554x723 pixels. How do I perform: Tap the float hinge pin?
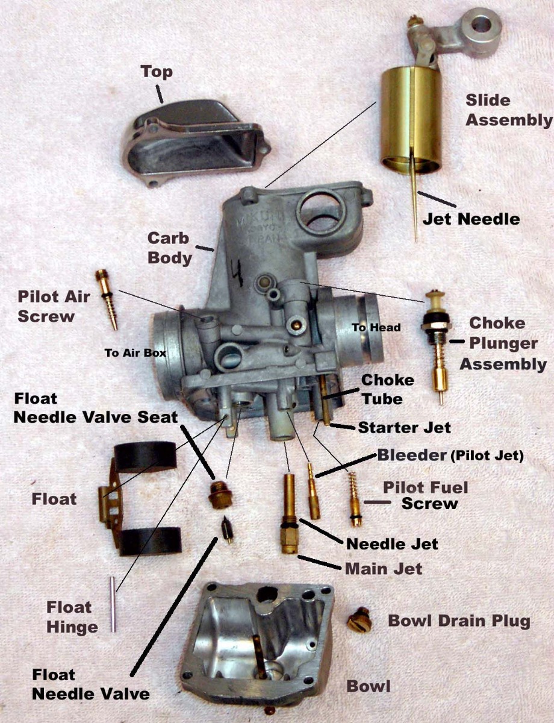(113, 604)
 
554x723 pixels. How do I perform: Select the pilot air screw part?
(106, 299)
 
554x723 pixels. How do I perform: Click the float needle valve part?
(227, 530)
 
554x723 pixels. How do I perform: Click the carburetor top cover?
(191, 141)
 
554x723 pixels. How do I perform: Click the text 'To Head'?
(376, 327)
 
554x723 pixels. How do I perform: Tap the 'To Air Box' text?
(135, 353)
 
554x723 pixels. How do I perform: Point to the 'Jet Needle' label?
(470, 218)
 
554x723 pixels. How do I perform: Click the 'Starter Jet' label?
(404, 428)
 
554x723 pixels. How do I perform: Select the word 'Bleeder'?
(412, 455)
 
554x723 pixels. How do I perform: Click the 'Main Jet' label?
(383, 568)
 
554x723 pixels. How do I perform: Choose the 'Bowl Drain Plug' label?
(459, 621)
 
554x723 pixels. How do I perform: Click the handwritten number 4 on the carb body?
(238, 274)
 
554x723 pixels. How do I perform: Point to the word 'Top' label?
(157, 72)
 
